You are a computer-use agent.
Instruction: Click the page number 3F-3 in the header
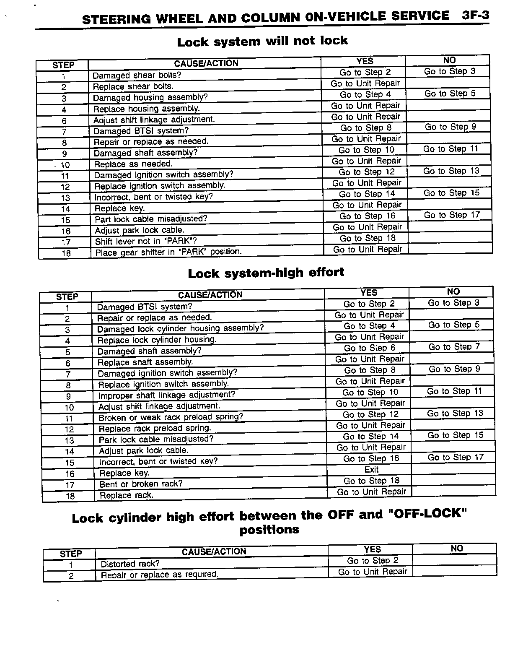click(x=475, y=16)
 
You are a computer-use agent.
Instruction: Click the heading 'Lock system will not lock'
click(x=262, y=41)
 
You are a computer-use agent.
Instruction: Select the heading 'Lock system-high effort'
click(x=266, y=273)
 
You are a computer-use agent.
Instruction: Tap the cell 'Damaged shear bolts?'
click(x=137, y=75)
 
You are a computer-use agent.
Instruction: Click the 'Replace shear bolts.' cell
click(x=133, y=86)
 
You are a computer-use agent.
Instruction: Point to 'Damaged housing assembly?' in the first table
click(x=150, y=98)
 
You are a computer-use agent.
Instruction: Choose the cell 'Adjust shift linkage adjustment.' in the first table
click(x=154, y=120)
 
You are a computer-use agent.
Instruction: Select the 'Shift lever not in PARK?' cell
click(x=146, y=241)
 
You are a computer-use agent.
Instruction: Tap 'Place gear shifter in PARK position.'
click(x=168, y=252)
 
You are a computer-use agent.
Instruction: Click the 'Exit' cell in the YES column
click(x=371, y=470)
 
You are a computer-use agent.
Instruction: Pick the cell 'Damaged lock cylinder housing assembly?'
click(x=181, y=329)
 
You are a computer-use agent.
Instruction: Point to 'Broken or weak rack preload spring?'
click(x=171, y=417)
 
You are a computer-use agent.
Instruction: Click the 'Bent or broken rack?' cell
click(x=141, y=484)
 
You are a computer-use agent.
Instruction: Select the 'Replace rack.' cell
click(x=127, y=495)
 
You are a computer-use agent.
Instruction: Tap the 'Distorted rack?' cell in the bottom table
click(x=130, y=564)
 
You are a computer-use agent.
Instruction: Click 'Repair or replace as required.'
click(x=160, y=575)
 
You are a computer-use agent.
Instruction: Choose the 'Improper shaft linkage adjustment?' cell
click(x=166, y=395)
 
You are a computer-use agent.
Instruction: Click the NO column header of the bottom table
click(x=457, y=549)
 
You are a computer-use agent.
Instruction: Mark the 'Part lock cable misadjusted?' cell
click(x=151, y=219)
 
